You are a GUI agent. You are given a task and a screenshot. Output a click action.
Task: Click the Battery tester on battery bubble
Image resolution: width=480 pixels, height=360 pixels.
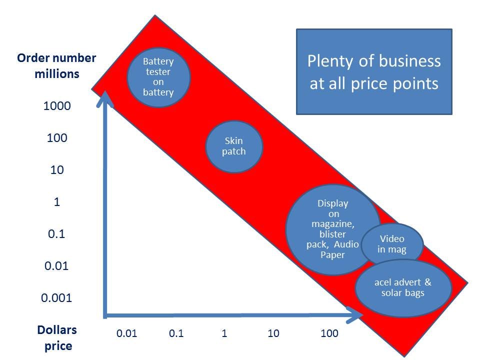pyautogui.click(x=158, y=76)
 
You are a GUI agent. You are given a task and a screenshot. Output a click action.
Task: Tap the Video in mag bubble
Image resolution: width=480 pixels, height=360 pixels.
pyautogui.click(x=392, y=244)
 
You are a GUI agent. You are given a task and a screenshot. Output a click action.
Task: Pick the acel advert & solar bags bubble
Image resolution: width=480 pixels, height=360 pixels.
pyautogui.click(x=403, y=288)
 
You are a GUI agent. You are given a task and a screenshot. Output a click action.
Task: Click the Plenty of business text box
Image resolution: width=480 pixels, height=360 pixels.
pyautogui.click(x=374, y=71)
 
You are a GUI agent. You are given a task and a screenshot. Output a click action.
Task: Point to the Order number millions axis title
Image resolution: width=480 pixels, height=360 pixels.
pyautogui.click(x=56, y=65)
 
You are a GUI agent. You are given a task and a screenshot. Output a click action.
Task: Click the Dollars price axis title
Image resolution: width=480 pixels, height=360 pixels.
pyautogui.click(x=56, y=337)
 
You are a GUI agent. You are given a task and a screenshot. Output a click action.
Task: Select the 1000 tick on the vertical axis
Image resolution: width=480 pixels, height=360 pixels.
pyautogui.click(x=56, y=106)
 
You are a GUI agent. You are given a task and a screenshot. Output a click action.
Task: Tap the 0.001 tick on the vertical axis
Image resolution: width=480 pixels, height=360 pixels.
pyautogui.click(x=56, y=298)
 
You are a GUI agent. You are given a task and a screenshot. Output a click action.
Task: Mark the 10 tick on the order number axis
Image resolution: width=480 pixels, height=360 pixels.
pyautogui.click(x=56, y=170)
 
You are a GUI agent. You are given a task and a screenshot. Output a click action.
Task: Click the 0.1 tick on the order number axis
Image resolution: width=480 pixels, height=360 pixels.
pyautogui.click(x=56, y=234)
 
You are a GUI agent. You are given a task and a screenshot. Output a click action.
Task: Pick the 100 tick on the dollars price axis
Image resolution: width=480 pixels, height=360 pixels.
pyautogui.click(x=329, y=333)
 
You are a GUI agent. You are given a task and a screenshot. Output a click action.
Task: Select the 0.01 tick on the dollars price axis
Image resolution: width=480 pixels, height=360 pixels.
pyautogui.click(x=126, y=333)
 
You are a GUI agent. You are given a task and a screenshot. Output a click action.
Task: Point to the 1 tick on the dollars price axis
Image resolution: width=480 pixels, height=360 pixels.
pyautogui.click(x=224, y=333)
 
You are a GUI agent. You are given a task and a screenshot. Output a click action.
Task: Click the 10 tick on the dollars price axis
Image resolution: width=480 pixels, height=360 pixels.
pyautogui.click(x=273, y=333)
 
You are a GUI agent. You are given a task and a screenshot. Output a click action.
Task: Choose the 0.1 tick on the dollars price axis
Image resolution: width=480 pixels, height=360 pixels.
pyautogui.click(x=176, y=333)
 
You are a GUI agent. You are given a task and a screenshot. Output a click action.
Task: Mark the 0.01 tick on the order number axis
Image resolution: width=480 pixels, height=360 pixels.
pyautogui.click(x=56, y=266)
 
